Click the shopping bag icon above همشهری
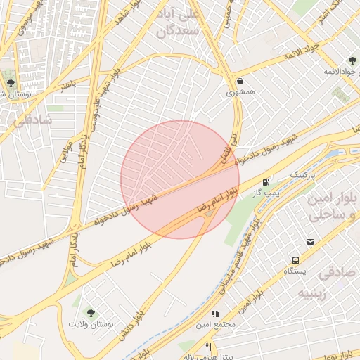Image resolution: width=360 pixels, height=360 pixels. click(x=241, y=80)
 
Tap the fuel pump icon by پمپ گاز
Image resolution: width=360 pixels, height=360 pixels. click(x=265, y=181)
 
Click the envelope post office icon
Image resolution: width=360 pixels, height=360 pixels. click(x=310, y=242)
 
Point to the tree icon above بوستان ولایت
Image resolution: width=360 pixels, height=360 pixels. click(x=90, y=312)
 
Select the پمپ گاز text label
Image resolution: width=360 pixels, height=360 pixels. click(x=266, y=191)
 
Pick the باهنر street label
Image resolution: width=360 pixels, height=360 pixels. click(x=66, y=84)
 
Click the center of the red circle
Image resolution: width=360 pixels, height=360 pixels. click(x=180, y=179)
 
